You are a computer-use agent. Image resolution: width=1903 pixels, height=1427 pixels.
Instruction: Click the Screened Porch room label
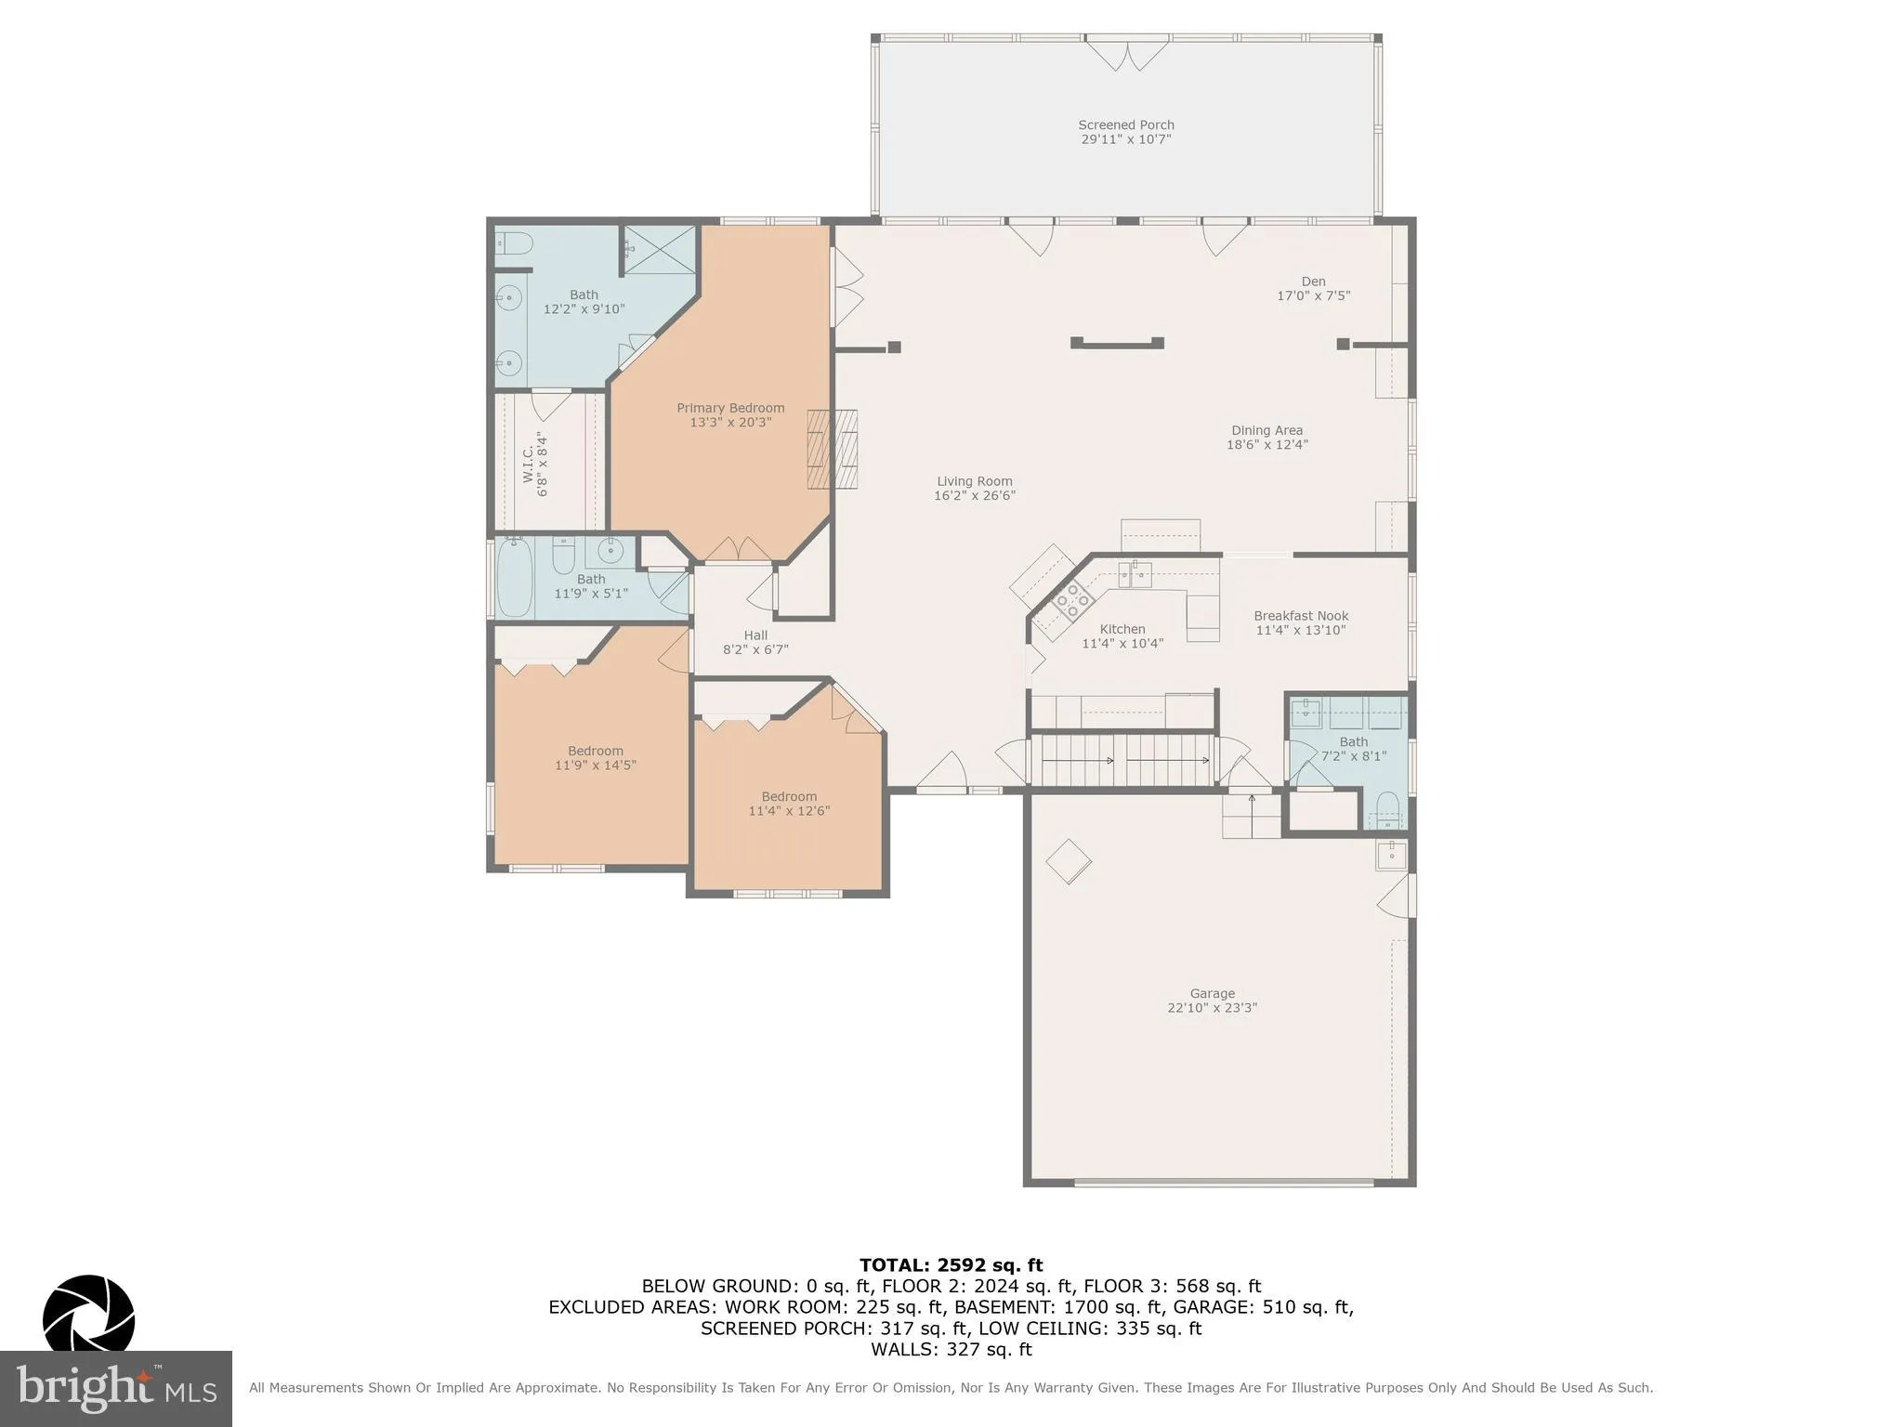(1125, 124)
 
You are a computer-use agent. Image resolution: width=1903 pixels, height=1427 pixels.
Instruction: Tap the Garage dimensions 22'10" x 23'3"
(1212, 1008)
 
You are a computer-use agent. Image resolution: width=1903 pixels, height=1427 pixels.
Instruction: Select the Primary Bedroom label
(730, 408)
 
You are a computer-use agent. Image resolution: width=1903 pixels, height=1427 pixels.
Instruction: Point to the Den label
(1313, 281)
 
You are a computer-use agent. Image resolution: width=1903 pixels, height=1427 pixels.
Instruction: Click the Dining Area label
(1266, 430)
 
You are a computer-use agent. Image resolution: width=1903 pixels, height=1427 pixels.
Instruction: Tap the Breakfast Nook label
(1300, 616)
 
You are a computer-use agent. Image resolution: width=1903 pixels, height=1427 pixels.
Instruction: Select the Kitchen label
(1122, 629)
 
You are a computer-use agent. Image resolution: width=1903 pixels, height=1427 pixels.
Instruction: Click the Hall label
(755, 635)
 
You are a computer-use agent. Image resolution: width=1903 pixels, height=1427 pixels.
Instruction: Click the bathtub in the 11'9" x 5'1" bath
(515, 578)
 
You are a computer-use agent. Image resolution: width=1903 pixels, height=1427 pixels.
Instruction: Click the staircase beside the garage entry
(1124, 760)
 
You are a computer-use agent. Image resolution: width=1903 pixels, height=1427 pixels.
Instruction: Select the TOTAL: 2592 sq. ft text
(951, 1265)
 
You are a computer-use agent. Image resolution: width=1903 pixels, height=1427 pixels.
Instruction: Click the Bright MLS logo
(115, 1389)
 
